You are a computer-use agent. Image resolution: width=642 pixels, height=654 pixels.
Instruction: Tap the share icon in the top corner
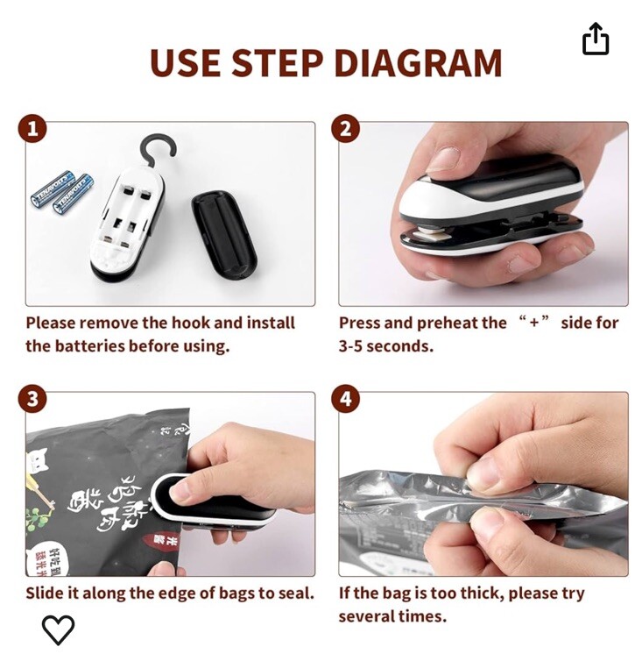coord(595,39)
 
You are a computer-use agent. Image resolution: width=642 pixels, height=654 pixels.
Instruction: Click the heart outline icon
coord(59,629)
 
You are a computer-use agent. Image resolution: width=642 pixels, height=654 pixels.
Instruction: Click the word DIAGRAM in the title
coord(418,63)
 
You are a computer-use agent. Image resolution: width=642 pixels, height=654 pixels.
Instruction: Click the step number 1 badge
coord(32,130)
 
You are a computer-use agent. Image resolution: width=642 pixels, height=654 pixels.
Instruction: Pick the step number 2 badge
coord(346,130)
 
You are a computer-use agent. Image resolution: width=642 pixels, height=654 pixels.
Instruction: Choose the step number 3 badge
coord(32,400)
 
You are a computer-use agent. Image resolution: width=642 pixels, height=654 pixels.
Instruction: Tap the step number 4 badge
coord(346,400)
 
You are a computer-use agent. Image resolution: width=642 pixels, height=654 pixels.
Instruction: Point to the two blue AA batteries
coord(62,191)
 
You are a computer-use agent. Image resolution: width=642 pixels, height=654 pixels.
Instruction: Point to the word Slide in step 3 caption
coord(44,594)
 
